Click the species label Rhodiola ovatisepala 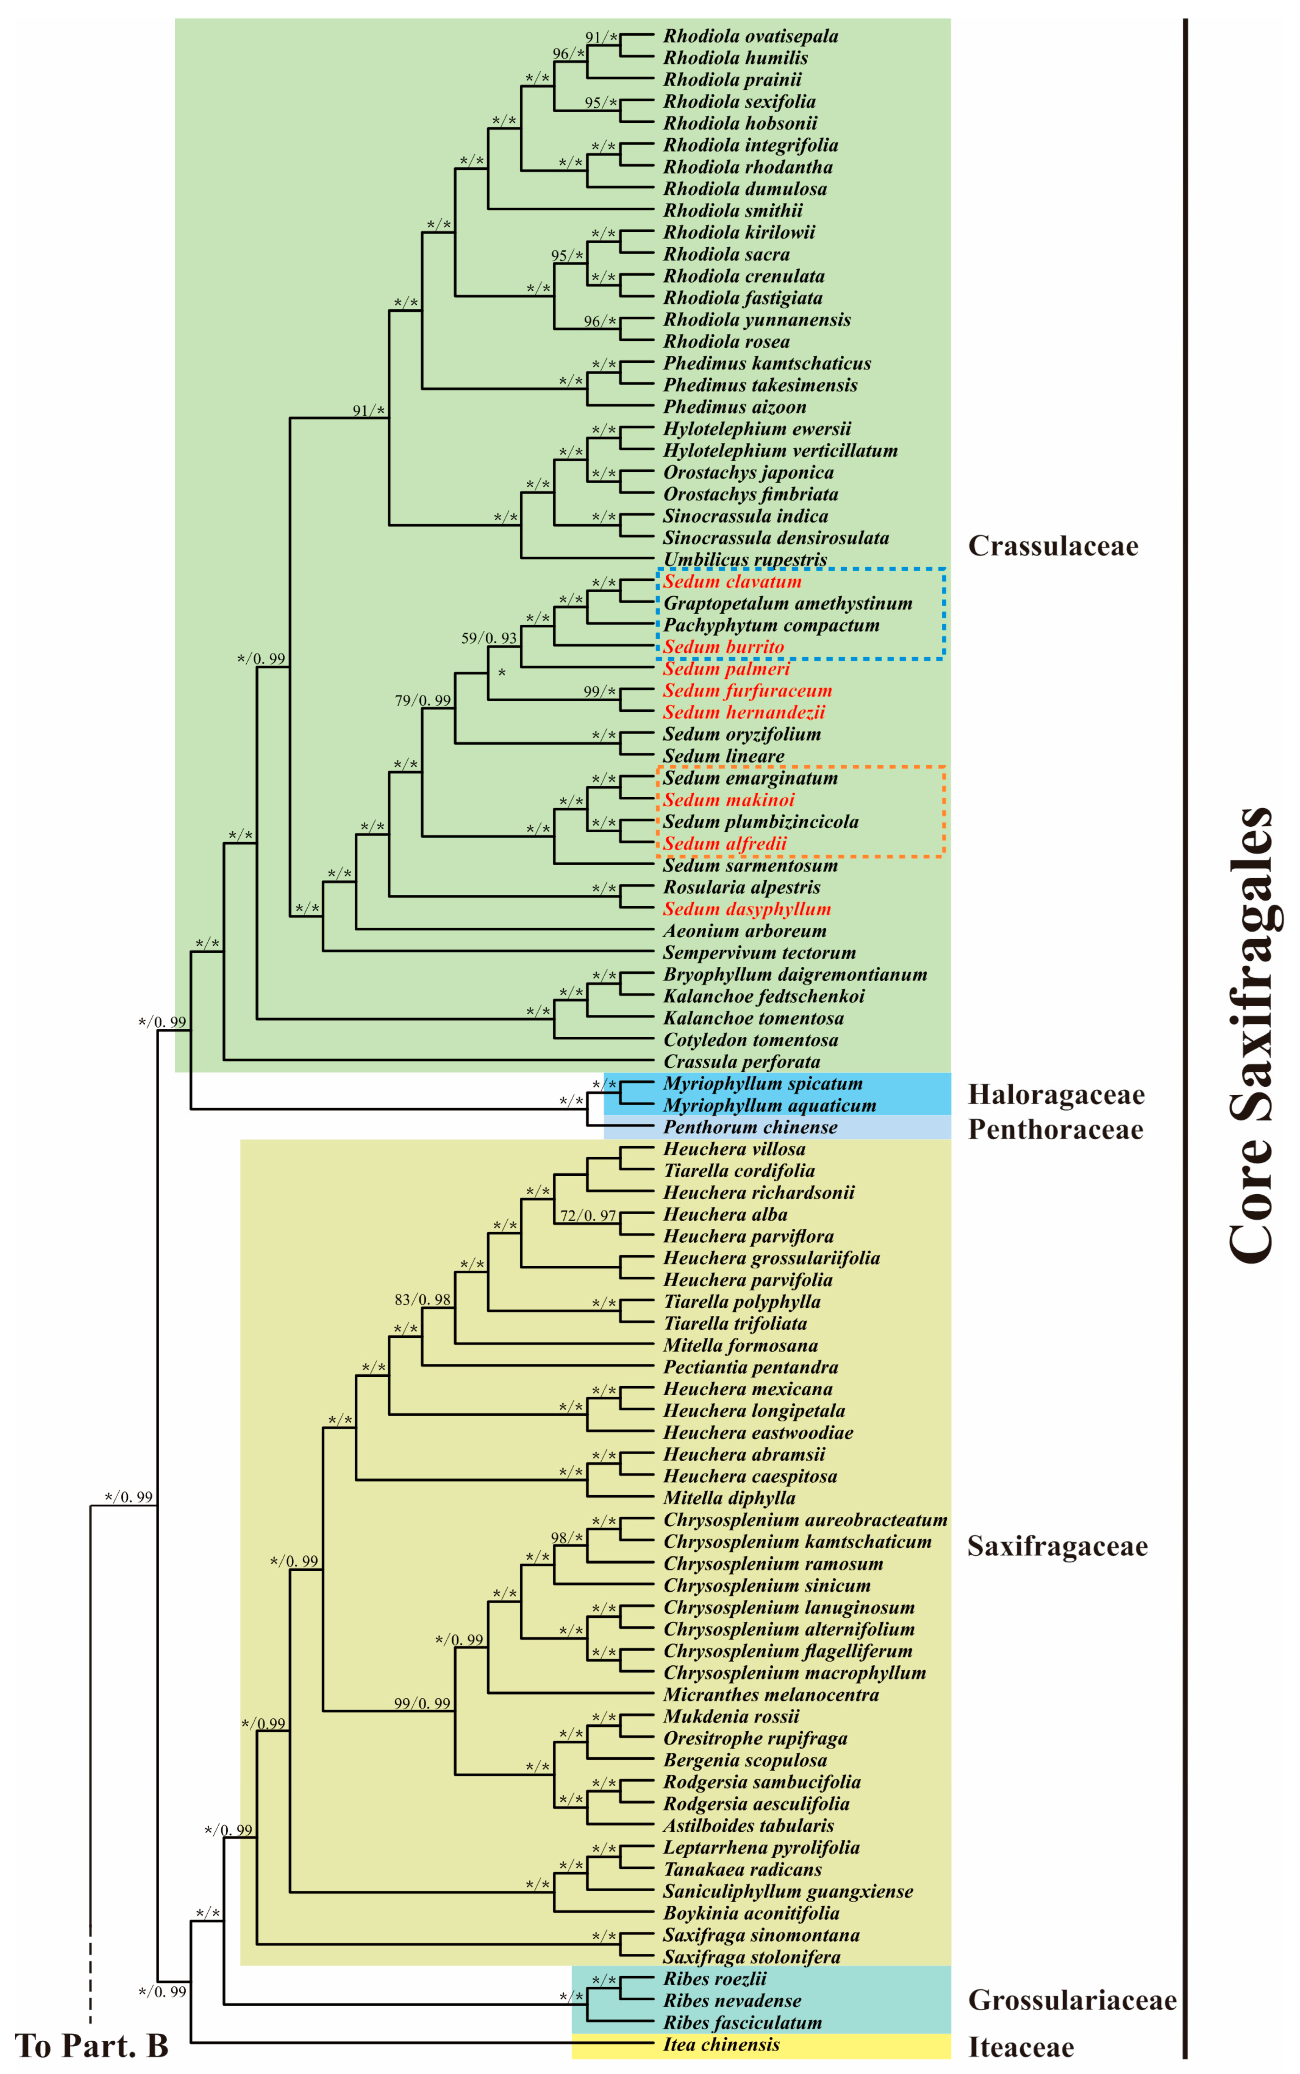click(750, 36)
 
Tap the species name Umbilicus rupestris click(745, 559)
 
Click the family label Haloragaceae click(1056, 1095)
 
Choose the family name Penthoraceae click(1056, 1129)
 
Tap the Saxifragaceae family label click(1057, 1546)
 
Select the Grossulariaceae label click(1071, 2000)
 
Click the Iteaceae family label click(1021, 2047)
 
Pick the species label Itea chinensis click(720, 2045)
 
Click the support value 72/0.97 click(588, 1215)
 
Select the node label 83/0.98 click(422, 1300)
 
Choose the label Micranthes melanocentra click(771, 1695)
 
